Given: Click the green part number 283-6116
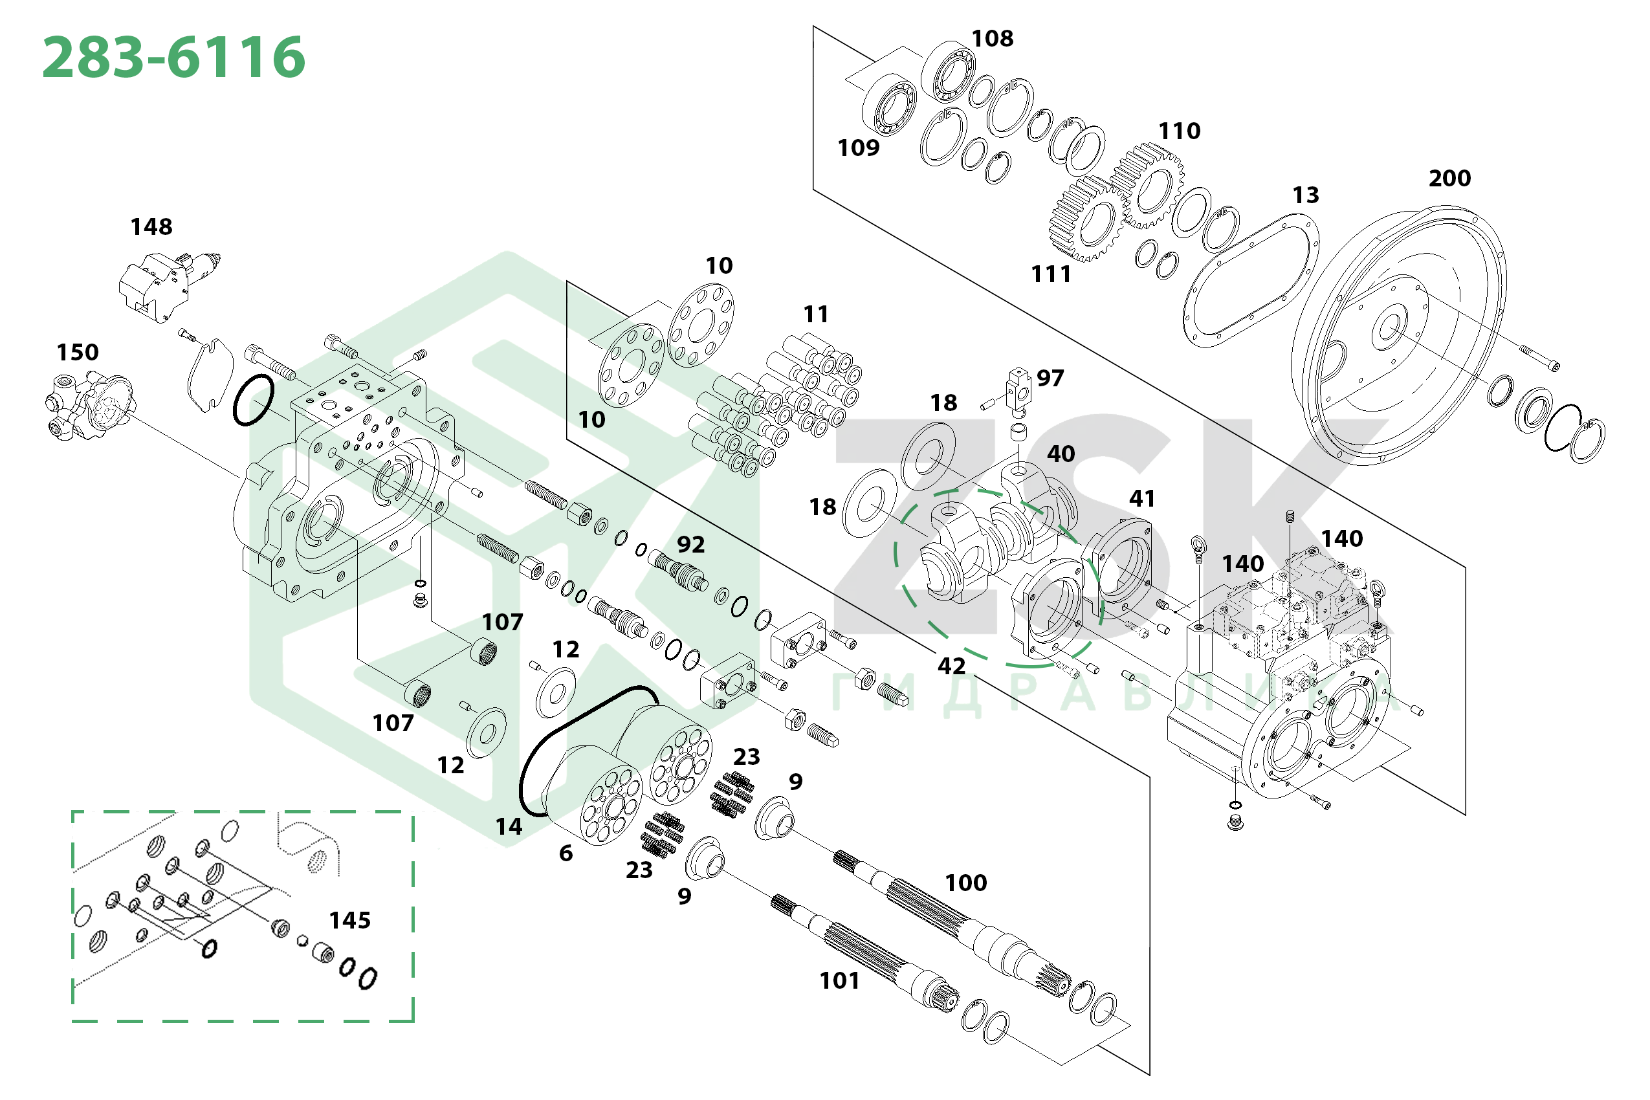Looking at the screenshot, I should coord(174,57).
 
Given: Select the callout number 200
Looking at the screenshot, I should coord(1449,178).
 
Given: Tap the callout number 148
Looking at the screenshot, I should coord(151,226).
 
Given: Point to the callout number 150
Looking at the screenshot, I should coord(78,352).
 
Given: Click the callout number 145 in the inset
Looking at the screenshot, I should coord(350,919).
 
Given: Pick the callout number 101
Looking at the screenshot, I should coord(840,981).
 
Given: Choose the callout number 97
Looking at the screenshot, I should coord(1050,378).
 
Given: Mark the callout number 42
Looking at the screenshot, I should coord(951,666).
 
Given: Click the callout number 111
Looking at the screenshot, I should coord(1051,274).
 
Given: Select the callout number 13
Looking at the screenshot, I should coord(1306,195).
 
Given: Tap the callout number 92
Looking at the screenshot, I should coord(691,544).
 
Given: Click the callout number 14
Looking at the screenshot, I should coord(509,827).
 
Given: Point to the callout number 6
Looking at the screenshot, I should coord(566,853).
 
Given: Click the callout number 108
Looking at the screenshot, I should coord(992,39).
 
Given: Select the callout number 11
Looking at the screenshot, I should coord(816,314).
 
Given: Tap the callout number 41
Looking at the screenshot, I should coord(1142,499).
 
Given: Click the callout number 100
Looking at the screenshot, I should coord(966,883).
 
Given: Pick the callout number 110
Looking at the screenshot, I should coord(1180,131).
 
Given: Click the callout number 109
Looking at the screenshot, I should coord(859,148).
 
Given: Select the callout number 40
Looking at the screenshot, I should coord(1061,454).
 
